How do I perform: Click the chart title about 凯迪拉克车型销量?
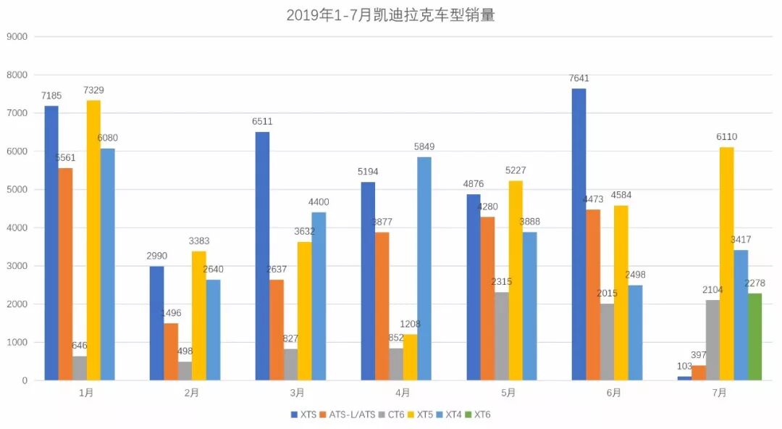(x=390, y=15)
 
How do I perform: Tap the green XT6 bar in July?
(x=754, y=337)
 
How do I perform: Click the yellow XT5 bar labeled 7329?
(x=93, y=240)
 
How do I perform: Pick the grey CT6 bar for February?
(x=185, y=371)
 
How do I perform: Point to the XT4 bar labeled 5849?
(x=424, y=268)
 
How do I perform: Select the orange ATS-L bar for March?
(x=277, y=330)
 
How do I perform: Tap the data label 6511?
(x=262, y=122)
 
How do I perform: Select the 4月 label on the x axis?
(x=403, y=393)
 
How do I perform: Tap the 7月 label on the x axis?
(x=719, y=393)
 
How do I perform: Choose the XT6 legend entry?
(x=478, y=415)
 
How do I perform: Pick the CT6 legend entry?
(x=395, y=415)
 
